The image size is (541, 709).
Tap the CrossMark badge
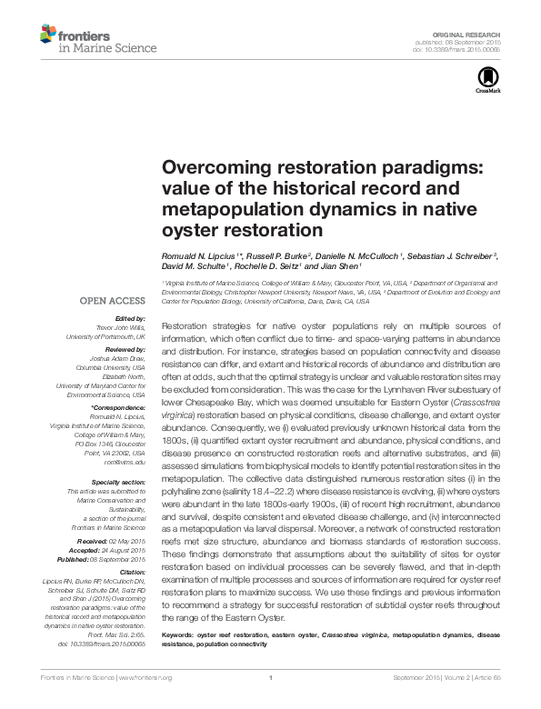pos(487,82)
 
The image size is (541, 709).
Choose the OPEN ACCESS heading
pos(114,299)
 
